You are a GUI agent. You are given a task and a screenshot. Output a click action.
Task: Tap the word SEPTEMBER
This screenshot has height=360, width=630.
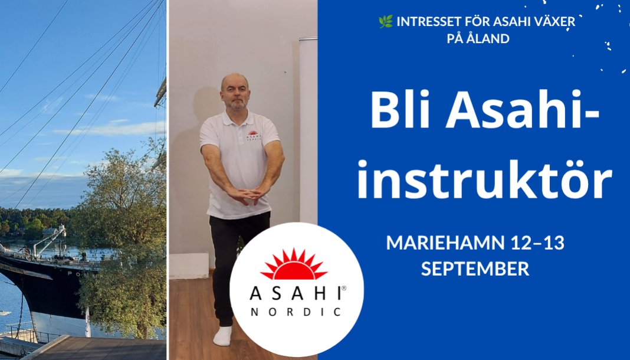click(x=475, y=269)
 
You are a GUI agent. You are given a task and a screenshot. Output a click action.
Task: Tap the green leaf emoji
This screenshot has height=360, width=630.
click(x=385, y=22)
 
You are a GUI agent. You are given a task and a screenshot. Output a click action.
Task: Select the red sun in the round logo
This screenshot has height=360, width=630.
click(x=294, y=264)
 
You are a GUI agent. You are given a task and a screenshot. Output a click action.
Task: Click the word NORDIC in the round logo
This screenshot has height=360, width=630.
click(x=296, y=312)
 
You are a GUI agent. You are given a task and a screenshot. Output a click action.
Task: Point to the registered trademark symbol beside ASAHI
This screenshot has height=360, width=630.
click(x=343, y=288)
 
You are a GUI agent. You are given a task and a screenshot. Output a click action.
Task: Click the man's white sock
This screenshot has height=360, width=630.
click(x=222, y=336)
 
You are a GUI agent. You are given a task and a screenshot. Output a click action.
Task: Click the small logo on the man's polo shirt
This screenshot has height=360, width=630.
click(x=254, y=135)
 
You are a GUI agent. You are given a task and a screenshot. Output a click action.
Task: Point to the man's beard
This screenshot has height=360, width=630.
click(x=237, y=105)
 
